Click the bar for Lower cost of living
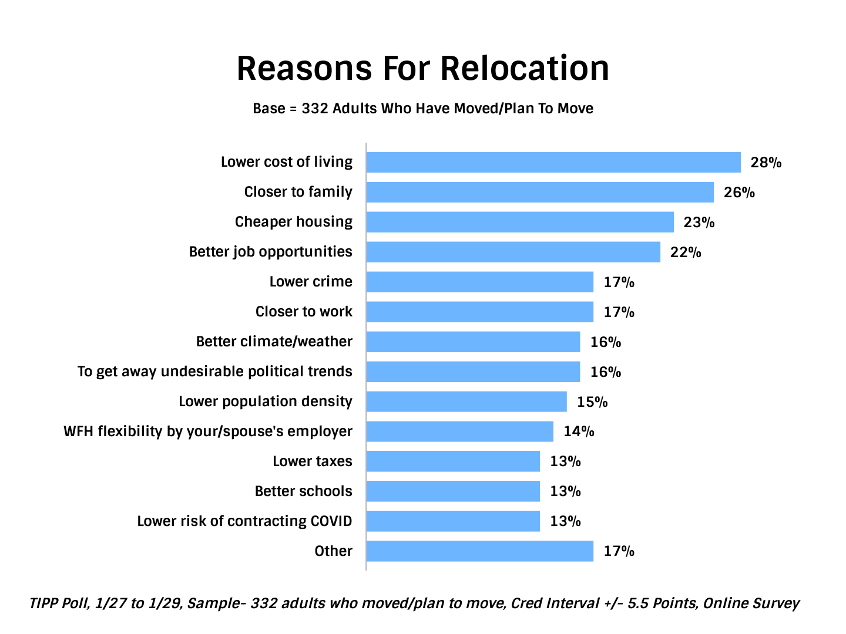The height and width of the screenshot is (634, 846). click(553, 162)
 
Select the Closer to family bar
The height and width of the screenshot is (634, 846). click(539, 192)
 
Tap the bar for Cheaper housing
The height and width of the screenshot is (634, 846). click(519, 222)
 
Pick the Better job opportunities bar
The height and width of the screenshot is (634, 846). click(513, 252)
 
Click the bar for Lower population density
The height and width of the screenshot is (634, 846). click(466, 402)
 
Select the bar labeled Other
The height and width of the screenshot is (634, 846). click(479, 551)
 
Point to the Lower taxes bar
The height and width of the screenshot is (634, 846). click(452, 461)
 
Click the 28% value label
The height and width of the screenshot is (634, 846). click(766, 163)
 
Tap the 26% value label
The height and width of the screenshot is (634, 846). click(739, 193)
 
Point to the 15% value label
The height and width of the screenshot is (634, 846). click(592, 402)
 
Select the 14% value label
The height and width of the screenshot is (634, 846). click(579, 432)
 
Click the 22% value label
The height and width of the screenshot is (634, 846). click(686, 252)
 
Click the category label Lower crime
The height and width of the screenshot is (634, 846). click(311, 282)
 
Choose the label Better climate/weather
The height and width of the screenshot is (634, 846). click(274, 342)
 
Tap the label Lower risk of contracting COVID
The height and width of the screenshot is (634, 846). click(244, 521)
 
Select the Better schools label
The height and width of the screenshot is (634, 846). click(303, 491)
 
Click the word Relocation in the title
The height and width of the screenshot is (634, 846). click(525, 68)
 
